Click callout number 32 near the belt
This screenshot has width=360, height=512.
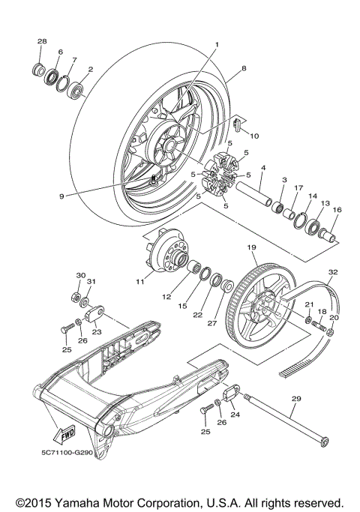click(x=332, y=272)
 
